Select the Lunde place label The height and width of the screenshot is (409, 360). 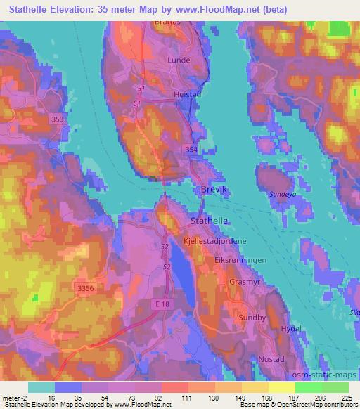[179, 60]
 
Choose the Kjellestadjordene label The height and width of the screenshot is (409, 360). [215, 240]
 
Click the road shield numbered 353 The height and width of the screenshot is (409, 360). [58, 120]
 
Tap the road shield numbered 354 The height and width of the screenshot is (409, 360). [191, 150]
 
